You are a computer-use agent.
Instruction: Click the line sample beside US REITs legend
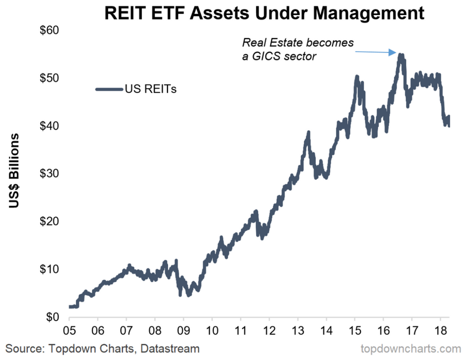(109, 89)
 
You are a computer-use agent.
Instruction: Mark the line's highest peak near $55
(401, 55)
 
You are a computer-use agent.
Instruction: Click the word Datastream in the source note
(170, 348)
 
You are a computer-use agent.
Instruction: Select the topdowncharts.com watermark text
(411, 348)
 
